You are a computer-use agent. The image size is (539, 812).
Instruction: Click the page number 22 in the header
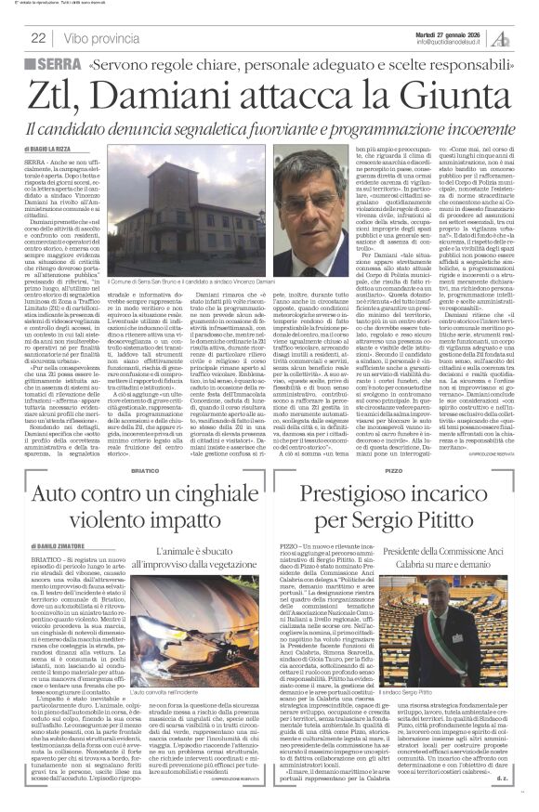(38, 38)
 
